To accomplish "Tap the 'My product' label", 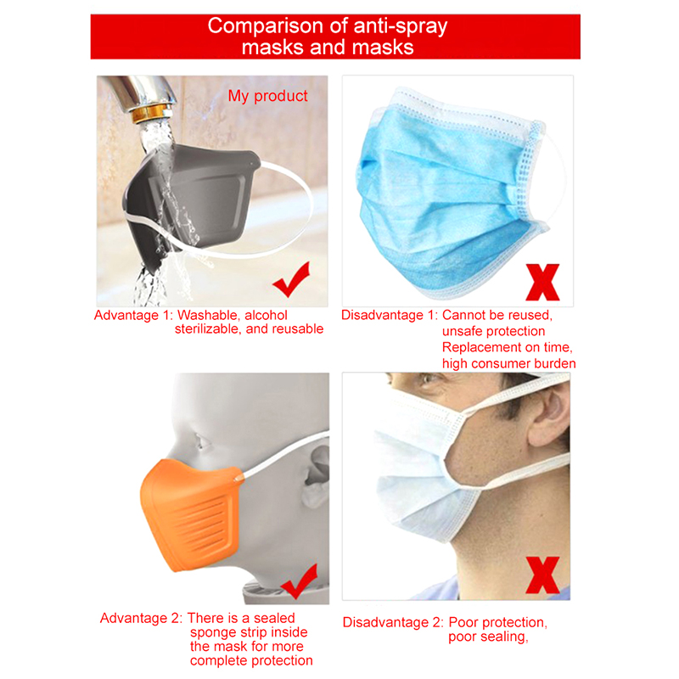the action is [267, 96].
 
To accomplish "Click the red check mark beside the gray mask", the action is [291, 279].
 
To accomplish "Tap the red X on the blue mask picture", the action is [542, 283].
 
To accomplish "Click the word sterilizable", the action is [208, 329].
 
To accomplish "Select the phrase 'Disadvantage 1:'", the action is [390, 315].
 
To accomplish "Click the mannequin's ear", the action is [316, 476].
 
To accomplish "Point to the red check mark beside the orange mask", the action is [299, 582].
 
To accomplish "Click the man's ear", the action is [547, 416].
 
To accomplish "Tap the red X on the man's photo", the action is [542, 575].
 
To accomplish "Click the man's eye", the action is [428, 379].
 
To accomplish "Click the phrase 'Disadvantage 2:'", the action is [393, 623].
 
